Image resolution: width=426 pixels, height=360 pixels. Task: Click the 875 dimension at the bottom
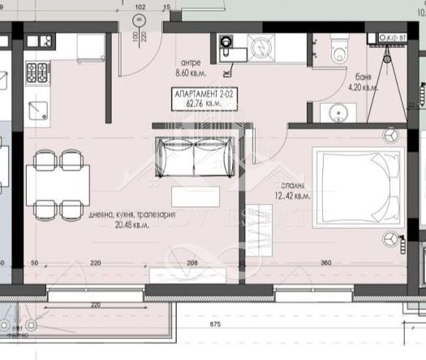pyautogui.click(x=215, y=324)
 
